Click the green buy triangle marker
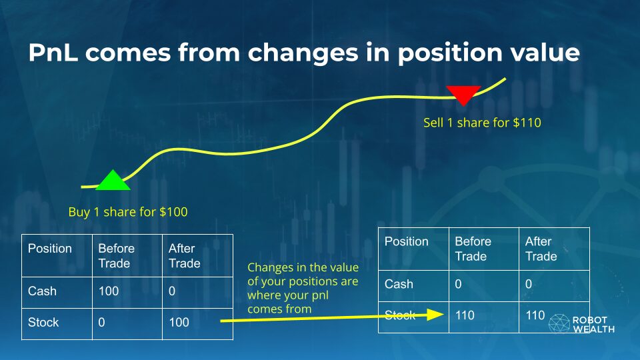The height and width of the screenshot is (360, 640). tap(113, 181)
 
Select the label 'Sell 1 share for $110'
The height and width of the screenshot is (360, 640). tap(482, 123)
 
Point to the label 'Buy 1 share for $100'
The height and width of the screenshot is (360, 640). tap(128, 212)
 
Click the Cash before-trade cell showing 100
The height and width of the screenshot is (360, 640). tap(109, 291)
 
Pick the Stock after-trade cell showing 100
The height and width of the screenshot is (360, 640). tap(179, 323)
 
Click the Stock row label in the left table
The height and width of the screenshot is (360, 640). tap(43, 323)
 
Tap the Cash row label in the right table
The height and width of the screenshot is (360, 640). tap(399, 284)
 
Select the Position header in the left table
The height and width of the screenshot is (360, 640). tap(50, 249)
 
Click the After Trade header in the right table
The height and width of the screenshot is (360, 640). tap(541, 249)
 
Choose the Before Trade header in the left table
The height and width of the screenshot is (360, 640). tap(116, 256)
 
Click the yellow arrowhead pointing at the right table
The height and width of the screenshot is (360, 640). tap(435, 314)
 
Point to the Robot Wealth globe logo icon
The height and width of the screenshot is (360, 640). tap(559, 323)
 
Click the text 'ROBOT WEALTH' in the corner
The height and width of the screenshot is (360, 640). tap(593, 325)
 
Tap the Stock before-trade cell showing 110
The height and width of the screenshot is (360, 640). tap(465, 315)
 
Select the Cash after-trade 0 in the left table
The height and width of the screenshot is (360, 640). tap(172, 291)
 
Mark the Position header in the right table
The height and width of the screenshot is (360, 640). tap(407, 241)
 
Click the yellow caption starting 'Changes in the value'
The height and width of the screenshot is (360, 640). tap(303, 288)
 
